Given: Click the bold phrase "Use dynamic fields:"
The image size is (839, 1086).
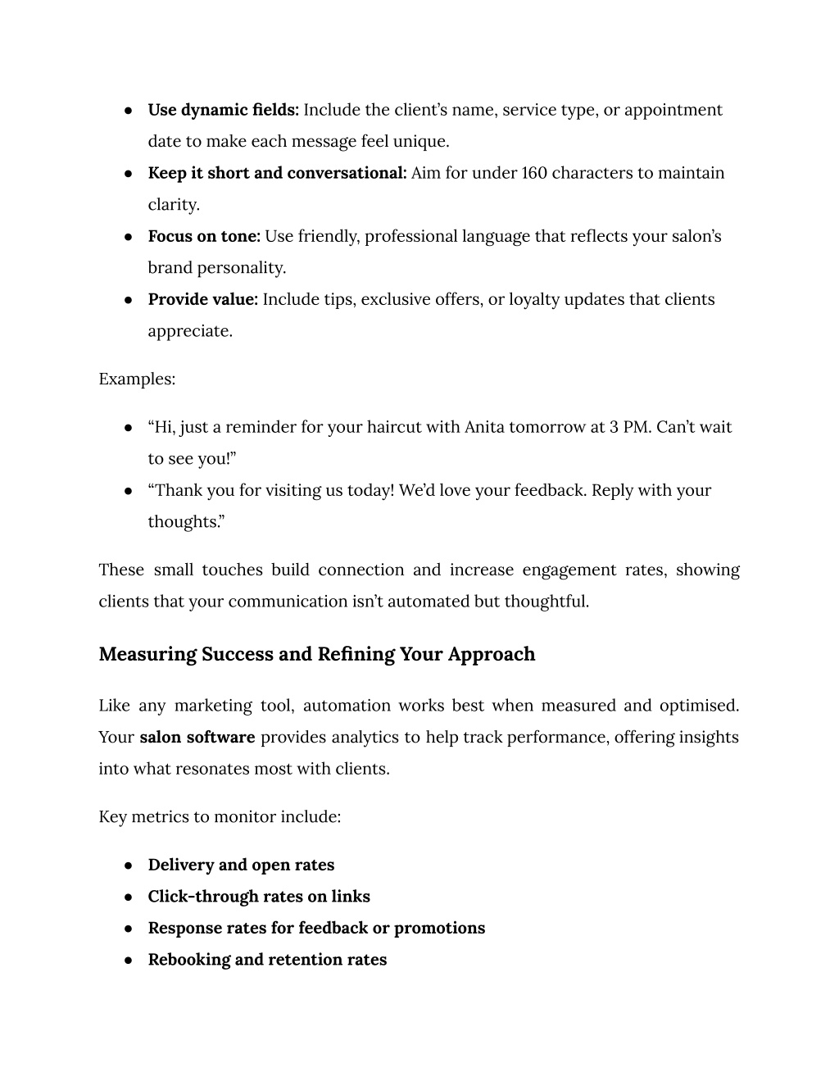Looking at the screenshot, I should (223, 110).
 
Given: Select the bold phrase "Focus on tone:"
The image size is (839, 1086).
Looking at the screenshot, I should (204, 236).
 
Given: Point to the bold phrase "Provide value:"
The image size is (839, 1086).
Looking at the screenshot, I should (202, 299).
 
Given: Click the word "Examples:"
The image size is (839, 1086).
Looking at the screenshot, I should (137, 379).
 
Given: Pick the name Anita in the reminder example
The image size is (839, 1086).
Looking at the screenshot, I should (484, 427).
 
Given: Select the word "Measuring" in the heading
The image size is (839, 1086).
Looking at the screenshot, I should (147, 654).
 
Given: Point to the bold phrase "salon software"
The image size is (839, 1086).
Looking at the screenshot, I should (197, 737).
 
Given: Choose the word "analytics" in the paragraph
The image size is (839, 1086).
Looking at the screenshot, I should (365, 737).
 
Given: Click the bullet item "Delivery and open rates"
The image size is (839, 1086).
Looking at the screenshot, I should (241, 865).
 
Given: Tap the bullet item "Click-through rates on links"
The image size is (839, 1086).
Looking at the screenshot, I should (259, 897).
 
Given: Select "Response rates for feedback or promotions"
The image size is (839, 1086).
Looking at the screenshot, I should (316, 928).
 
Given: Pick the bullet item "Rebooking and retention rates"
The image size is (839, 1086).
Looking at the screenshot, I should (267, 960).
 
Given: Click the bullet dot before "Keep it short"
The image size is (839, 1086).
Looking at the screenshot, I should (129, 174).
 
